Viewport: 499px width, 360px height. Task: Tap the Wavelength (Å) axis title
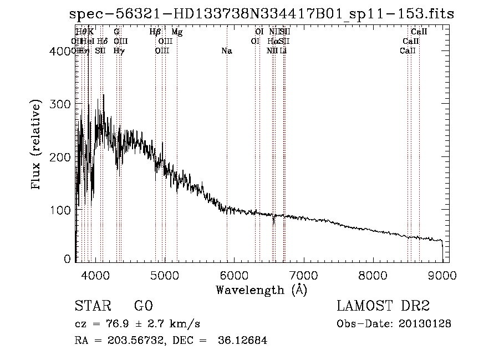(x=261, y=290)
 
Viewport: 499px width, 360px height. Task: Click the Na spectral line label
(x=226, y=51)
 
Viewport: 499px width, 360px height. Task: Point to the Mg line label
(x=177, y=32)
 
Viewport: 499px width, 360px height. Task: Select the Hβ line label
(x=155, y=32)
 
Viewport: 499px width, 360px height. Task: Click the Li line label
(x=283, y=51)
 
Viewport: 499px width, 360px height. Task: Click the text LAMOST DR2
(x=383, y=307)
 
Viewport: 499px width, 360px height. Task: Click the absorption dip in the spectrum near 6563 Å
(x=273, y=221)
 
